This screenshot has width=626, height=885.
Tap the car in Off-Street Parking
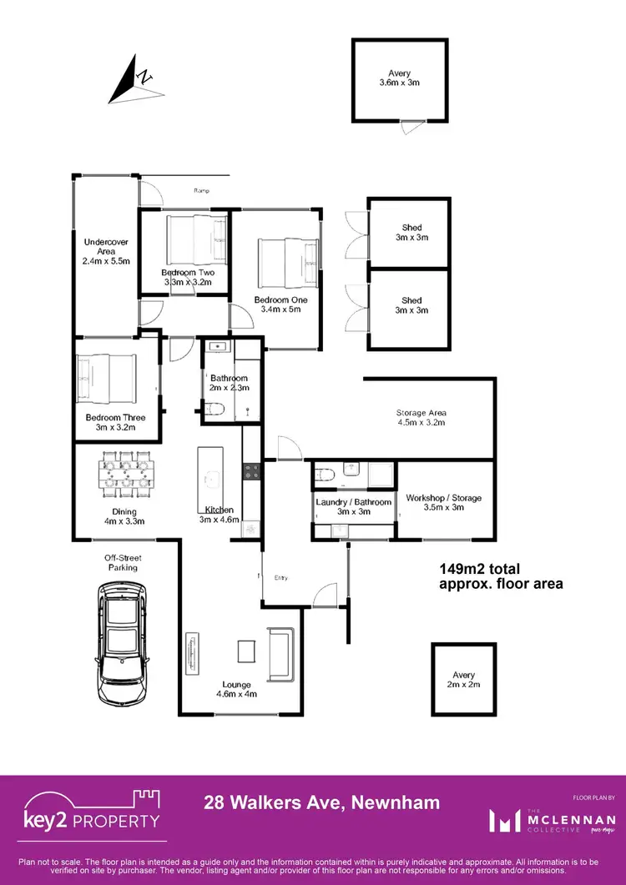pos(121,642)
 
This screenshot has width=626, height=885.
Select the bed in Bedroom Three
pos(106,378)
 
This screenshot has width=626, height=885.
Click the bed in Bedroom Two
pos(195,239)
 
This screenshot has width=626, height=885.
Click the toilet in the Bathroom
pos(216,409)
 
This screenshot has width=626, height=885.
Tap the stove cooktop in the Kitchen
pos(252,471)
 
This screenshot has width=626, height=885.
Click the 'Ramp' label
pos(201,191)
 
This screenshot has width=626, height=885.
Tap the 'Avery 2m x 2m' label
pos(463,680)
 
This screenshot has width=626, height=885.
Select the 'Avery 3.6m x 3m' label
pos(399,78)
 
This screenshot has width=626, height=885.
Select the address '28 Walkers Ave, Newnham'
pos(322,802)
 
